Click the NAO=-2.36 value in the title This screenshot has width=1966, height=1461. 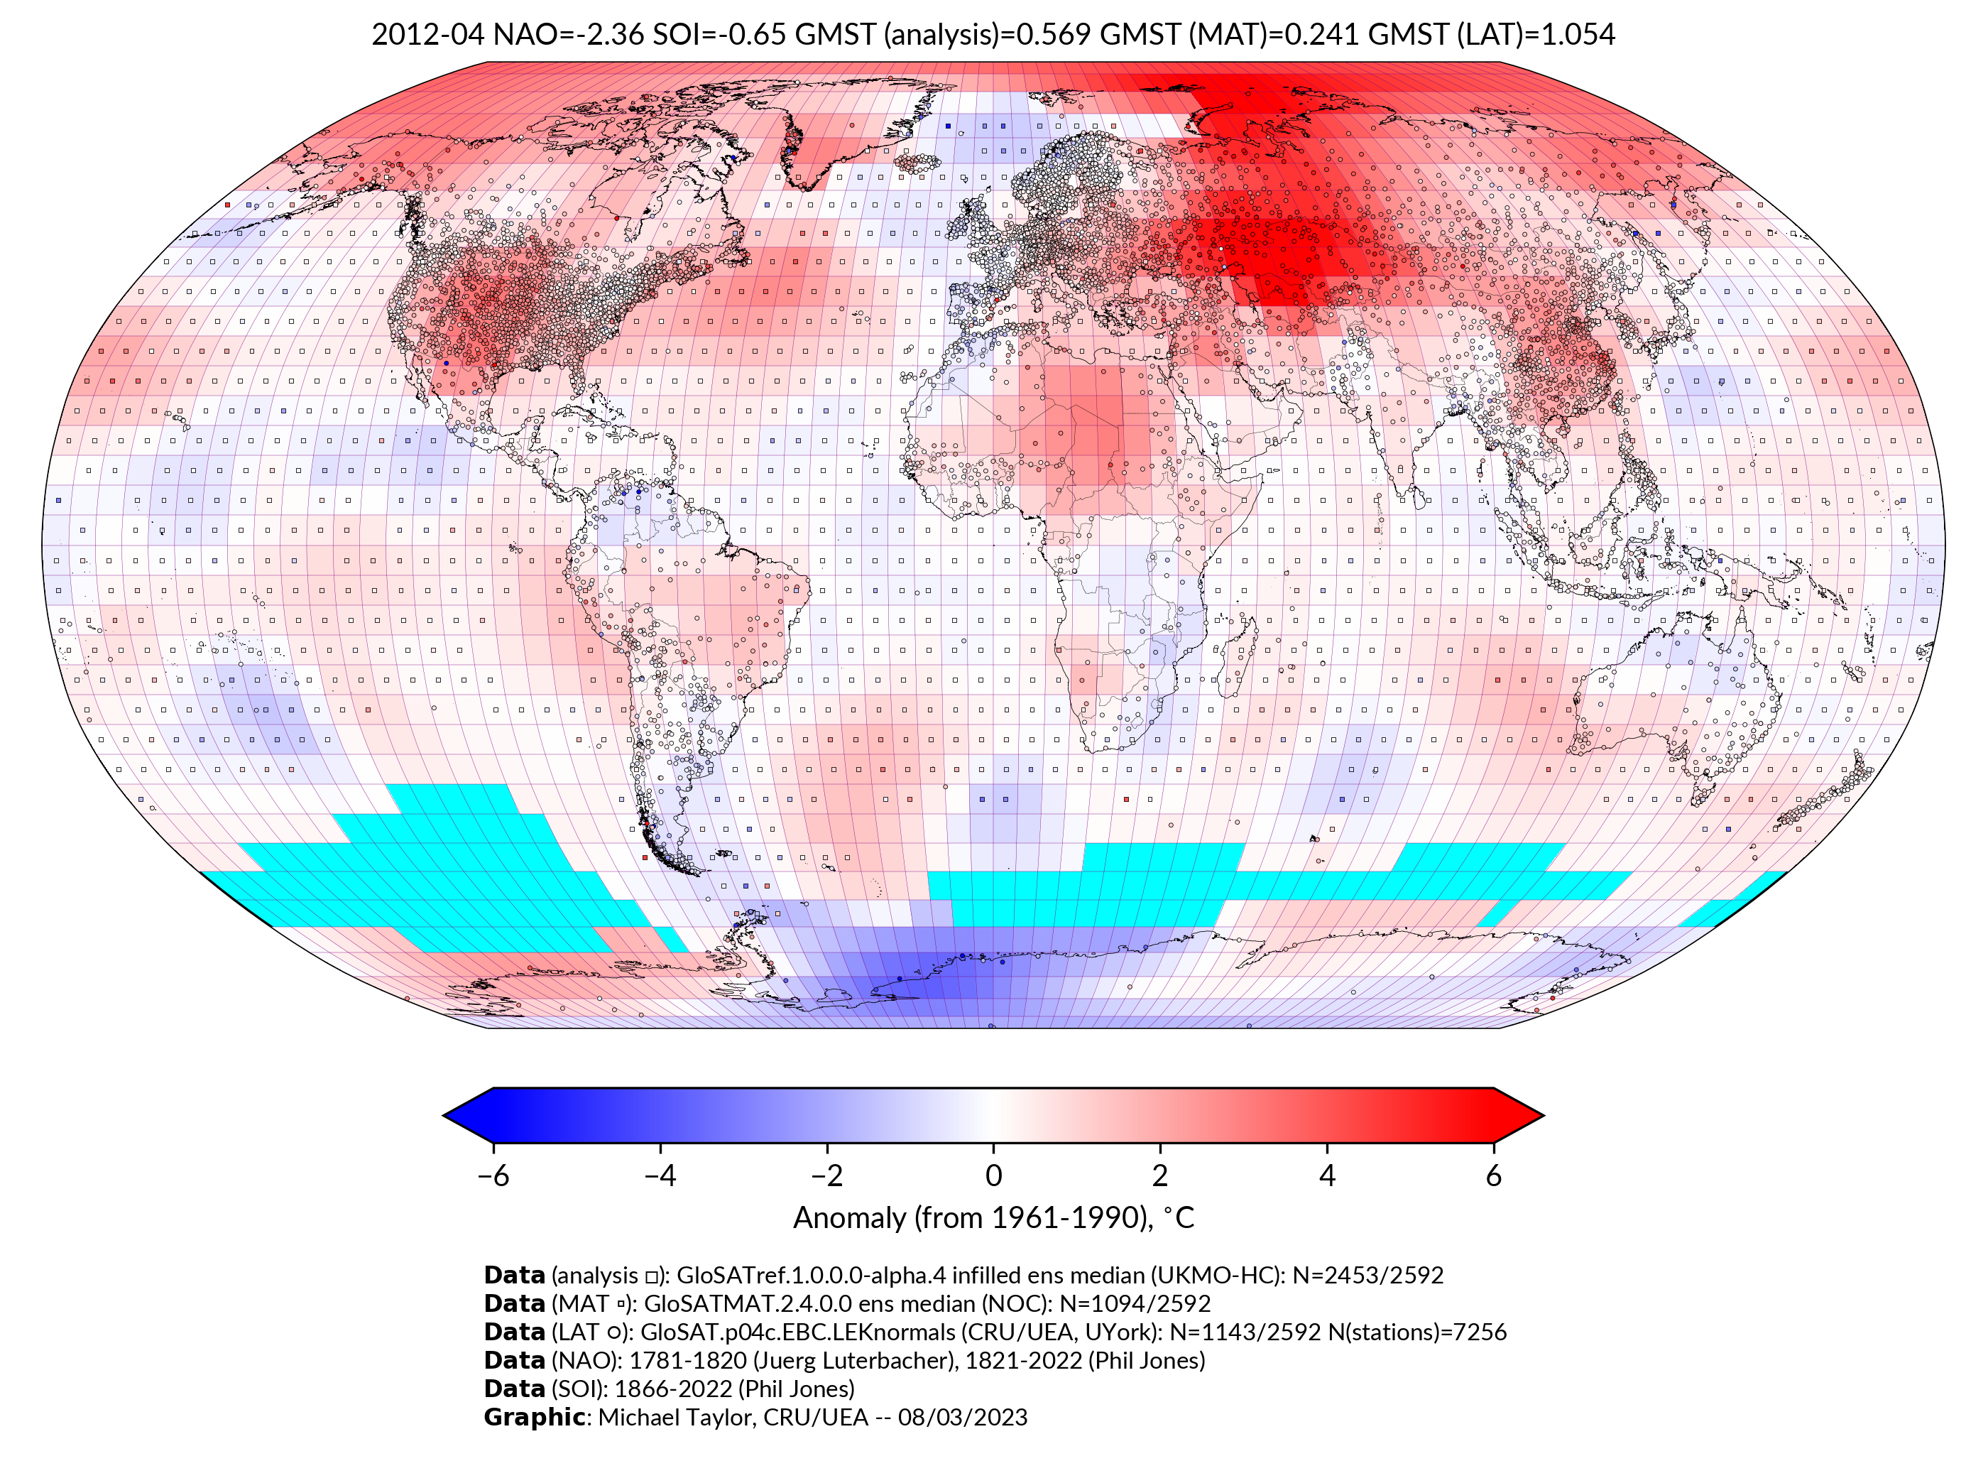point(569,35)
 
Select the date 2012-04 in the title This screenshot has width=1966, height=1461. point(428,35)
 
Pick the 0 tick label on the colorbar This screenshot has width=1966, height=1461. point(993,1175)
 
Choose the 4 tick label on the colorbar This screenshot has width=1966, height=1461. point(1326,1175)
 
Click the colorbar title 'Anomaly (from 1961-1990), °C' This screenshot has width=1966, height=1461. point(993,1218)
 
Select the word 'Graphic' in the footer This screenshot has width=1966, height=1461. point(533,1417)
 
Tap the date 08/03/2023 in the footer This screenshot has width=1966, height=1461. point(962,1417)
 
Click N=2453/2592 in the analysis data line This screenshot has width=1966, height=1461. point(1367,1276)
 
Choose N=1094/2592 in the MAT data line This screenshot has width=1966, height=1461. point(1134,1303)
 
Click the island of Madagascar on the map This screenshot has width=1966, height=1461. point(1234,659)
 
